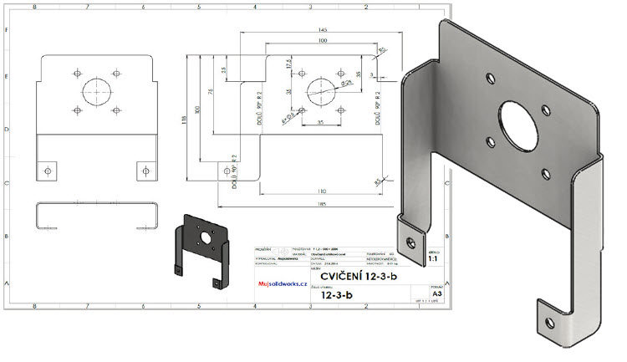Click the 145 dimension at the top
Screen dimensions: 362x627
coord(322,31)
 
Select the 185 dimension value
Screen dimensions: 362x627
coord(322,202)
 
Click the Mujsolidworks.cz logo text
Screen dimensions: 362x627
coord(283,284)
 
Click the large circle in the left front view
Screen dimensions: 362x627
coord(97,89)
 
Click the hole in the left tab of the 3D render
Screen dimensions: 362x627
coord(410,242)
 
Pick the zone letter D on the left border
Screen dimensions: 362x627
coord(8,130)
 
